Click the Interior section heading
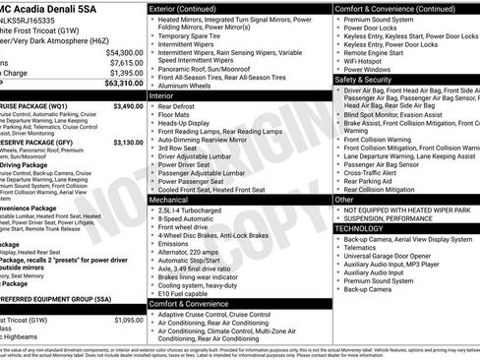point(162,96)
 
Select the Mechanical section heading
point(170,199)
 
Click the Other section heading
point(345,199)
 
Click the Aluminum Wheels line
point(191,87)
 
